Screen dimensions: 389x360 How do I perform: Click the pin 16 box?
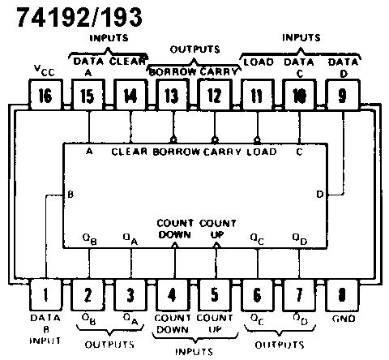click(45, 95)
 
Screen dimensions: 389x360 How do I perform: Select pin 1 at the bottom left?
click(45, 294)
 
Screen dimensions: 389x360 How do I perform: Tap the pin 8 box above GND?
click(342, 294)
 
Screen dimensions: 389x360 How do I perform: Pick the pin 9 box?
click(343, 95)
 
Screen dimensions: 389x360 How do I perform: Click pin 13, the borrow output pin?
click(173, 95)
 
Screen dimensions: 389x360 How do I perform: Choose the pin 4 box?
click(173, 294)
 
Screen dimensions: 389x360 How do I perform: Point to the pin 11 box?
click(258, 95)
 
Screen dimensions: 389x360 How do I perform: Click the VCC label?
click(45, 71)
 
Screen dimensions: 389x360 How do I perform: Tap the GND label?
click(344, 319)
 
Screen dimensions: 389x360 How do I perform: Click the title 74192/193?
click(79, 17)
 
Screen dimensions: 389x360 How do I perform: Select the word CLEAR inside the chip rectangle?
click(130, 152)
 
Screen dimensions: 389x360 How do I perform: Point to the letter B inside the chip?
click(71, 195)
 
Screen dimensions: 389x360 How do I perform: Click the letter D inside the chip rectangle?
click(320, 195)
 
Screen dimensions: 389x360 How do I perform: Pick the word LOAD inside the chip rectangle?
click(262, 152)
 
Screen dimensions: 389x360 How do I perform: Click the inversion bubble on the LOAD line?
click(257, 140)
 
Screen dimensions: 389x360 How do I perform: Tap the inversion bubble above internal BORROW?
click(173, 140)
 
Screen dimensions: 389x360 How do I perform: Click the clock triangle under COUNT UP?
click(216, 245)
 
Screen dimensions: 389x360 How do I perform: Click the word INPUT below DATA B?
click(45, 341)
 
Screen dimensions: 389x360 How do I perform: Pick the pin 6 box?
click(257, 294)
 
